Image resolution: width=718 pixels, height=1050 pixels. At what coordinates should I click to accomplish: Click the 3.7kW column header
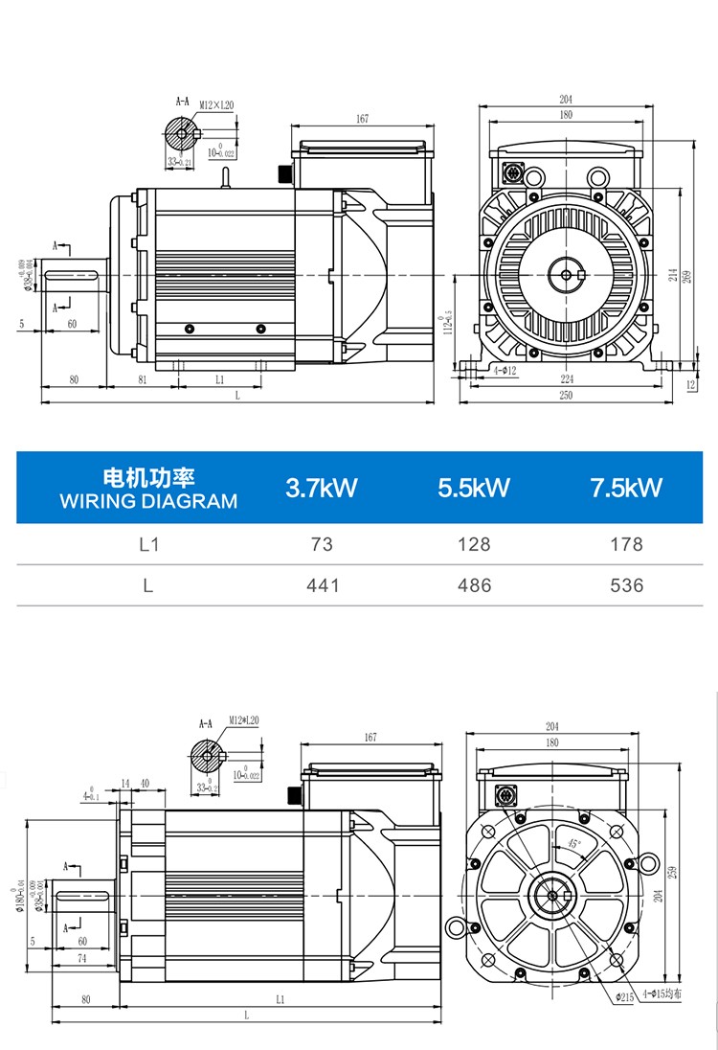coord(322,488)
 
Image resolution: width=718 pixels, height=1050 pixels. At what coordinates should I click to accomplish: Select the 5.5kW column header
coord(474,488)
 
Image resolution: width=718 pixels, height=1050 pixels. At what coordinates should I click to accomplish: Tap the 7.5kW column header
coord(627,488)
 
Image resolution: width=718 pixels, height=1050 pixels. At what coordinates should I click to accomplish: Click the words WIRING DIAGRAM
coord(148,501)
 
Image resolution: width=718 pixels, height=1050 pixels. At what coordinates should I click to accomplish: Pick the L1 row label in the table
coord(148,544)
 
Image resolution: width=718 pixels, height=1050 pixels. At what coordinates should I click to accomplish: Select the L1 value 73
coord(322,544)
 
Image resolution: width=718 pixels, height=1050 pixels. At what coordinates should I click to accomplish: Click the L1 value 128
coord(474,544)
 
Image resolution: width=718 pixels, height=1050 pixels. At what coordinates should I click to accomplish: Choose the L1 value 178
coord(627,544)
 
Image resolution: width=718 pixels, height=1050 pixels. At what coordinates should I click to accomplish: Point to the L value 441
coord(322,585)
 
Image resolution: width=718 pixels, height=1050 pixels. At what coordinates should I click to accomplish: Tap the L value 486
coord(474,585)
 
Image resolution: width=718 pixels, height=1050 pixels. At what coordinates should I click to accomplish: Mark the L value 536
coord(627,585)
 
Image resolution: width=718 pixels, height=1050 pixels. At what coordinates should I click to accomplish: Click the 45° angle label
coord(572,843)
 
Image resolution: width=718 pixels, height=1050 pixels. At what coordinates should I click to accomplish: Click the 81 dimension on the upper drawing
coord(142,379)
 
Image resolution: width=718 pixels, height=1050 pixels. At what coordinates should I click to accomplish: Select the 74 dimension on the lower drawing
coord(82,957)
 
